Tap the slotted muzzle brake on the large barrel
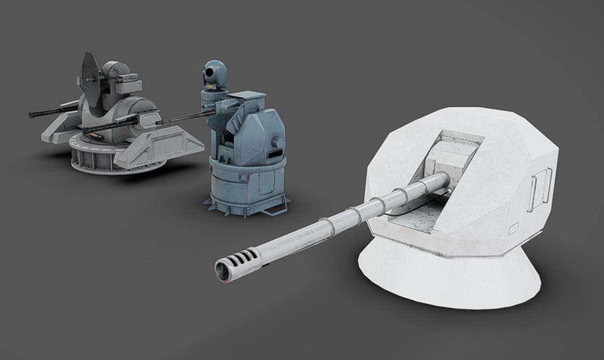click(x=243, y=260)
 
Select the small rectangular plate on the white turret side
click(x=513, y=229)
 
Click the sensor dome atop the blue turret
click(x=214, y=73)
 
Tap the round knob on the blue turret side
click(x=278, y=142)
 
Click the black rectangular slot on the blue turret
click(x=274, y=155)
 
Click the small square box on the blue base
click(x=243, y=177)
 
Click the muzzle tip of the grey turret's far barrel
click(x=32, y=114)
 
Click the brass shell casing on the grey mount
click(x=93, y=136)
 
